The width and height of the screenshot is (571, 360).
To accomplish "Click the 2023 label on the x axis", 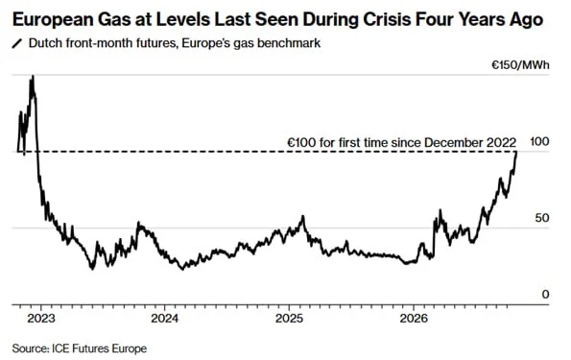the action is [x=41, y=319].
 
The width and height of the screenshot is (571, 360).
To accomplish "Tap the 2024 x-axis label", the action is [x=165, y=319].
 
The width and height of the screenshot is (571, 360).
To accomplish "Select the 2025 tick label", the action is [x=289, y=319].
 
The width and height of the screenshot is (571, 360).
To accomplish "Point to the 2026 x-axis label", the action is [x=414, y=319].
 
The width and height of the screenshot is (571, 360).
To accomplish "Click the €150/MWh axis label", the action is [x=520, y=65].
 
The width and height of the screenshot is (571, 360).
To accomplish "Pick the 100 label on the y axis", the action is [x=539, y=141].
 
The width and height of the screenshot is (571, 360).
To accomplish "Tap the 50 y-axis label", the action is [x=542, y=218].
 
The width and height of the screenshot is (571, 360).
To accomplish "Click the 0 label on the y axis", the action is [x=545, y=294].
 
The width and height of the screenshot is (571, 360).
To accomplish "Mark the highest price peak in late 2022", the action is [x=33, y=76].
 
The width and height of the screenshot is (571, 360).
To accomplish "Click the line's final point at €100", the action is [x=516, y=152].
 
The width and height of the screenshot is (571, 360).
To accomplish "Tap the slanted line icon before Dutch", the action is [x=17, y=43].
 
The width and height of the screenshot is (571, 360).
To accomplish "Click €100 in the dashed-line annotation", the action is [x=301, y=142].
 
